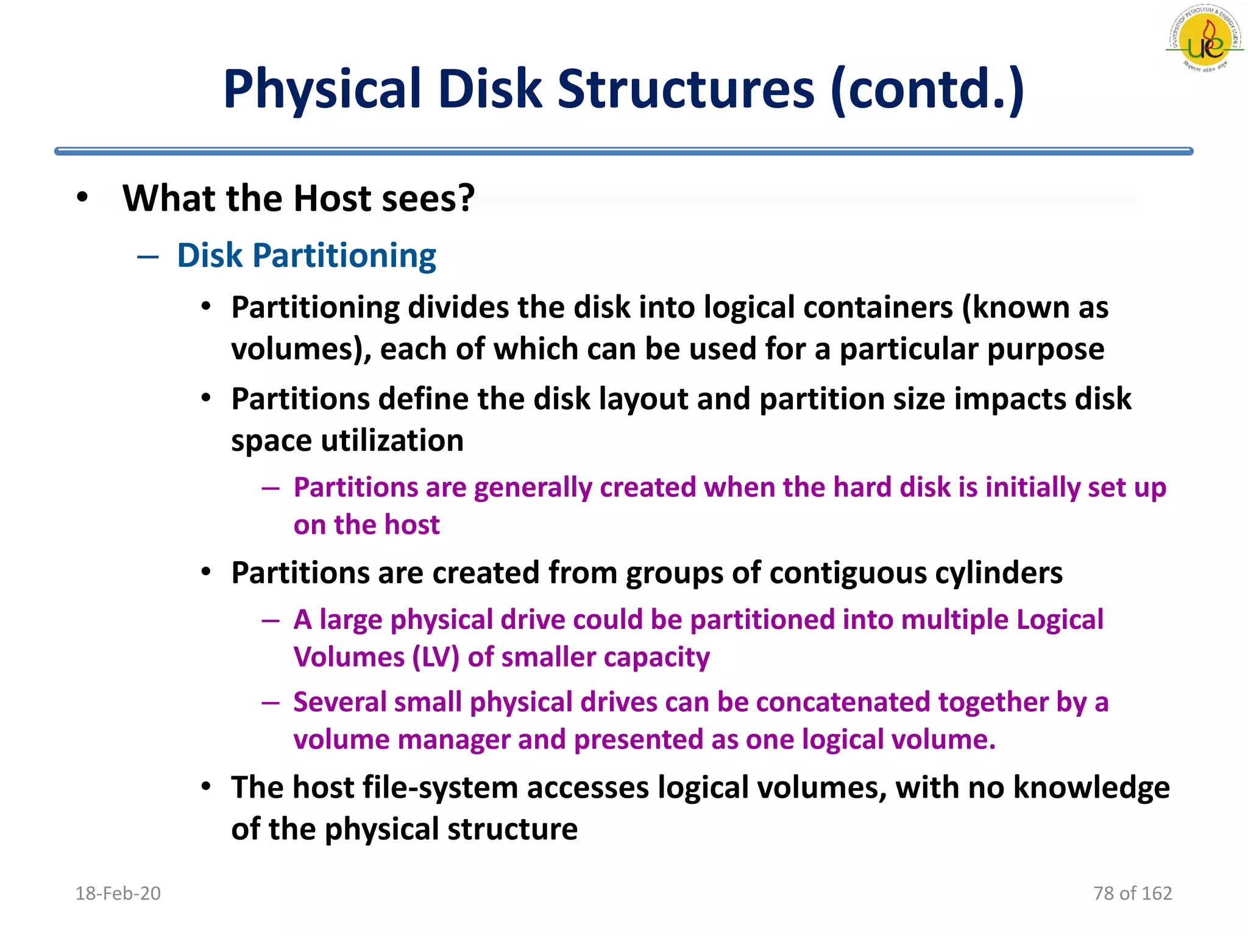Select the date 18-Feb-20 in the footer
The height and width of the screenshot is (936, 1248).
tap(118, 893)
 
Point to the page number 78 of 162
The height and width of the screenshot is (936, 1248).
tap(1132, 893)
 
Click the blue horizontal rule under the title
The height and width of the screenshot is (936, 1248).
tap(623, 151)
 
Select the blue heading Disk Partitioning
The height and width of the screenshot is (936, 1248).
tap(307, 255)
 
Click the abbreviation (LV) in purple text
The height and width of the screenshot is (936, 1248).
tap(436, 658)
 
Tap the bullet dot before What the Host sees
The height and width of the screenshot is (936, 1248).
tap(83, 198)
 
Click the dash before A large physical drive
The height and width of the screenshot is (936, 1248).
tap(271, 620)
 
